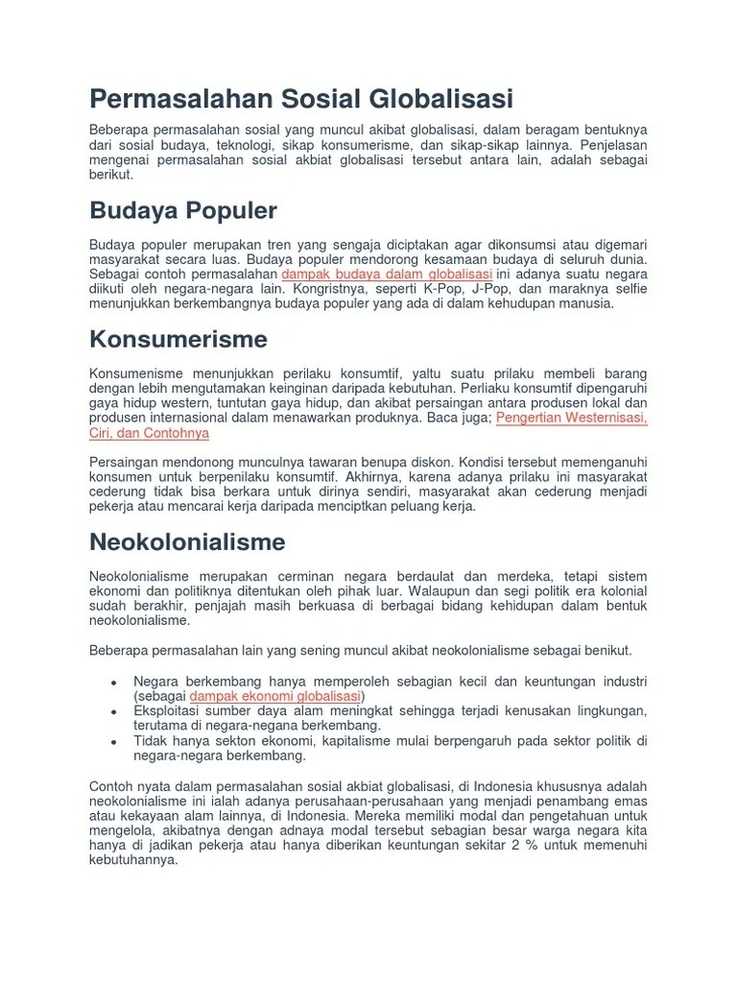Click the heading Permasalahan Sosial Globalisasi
point(301,99)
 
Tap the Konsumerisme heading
point(178,339)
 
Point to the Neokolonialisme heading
point(187,541)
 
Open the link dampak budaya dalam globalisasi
point(388,274)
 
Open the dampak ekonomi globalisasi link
point(275,696)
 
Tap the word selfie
point(628,289)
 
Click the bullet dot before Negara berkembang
point(114,682)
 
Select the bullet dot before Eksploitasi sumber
point(114,711)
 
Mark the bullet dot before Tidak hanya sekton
point(114,742)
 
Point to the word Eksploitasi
point(171,711)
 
